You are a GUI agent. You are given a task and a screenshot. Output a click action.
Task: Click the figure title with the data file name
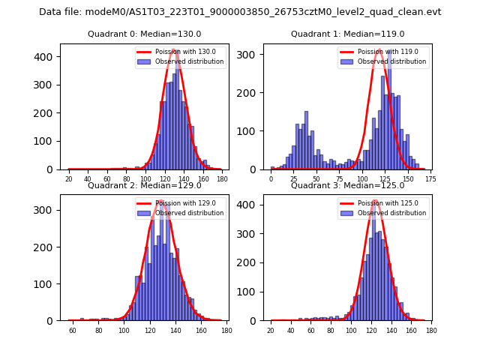[x=240, y=12]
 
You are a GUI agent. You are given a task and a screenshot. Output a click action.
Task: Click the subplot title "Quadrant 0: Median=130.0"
[x=145, y=34]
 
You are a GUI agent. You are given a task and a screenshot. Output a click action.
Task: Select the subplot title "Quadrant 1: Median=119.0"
[x=347, y=34]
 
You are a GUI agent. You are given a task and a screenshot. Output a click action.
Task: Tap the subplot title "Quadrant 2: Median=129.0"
[x=145, y=185]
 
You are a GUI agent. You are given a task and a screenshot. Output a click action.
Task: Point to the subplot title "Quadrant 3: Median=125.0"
[x=347, y=185]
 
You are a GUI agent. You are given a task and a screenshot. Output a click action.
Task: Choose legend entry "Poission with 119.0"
[x=388, y=52]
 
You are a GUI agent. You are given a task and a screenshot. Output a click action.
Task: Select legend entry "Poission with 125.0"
[x=388, y=203]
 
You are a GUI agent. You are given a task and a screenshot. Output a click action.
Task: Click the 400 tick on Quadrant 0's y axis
[x=46, y=57]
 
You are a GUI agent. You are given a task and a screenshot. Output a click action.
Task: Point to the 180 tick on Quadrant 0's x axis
[x=222, y=179]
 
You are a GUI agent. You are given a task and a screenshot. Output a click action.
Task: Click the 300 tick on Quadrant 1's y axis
[x=249, y=55]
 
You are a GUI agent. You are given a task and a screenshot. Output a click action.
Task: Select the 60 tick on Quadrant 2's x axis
[x=73, y=330]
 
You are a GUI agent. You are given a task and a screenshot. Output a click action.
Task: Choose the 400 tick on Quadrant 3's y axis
[x=249, y=205]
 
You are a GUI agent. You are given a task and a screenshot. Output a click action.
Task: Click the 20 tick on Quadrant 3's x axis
[x=271, y=330]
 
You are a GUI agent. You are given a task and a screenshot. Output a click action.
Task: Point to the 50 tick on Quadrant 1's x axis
[x=316, y=179]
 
